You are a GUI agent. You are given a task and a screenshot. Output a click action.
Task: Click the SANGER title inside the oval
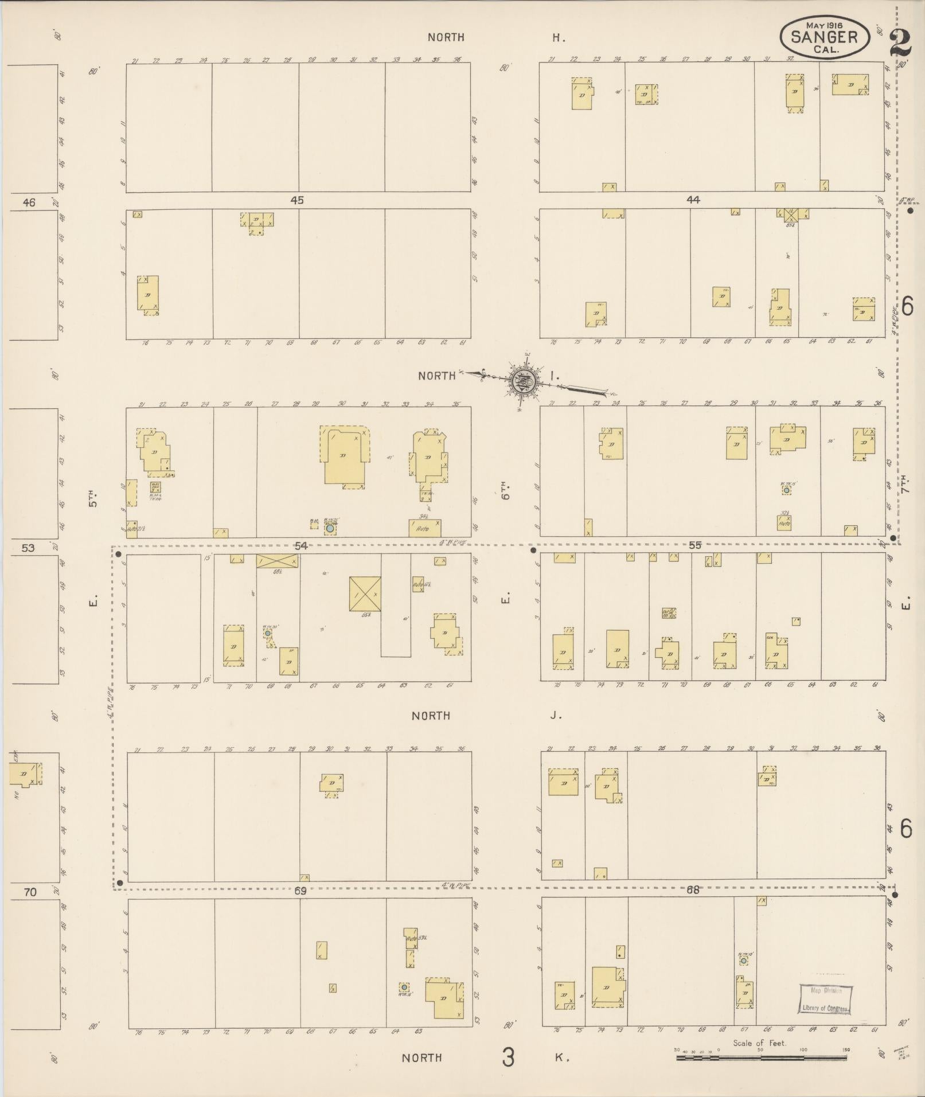(824, 37)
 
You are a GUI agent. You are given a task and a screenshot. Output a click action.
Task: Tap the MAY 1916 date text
(824, 25)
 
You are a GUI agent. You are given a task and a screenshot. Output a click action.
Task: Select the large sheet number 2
(901, 43)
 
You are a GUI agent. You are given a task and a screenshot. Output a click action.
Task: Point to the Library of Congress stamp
(826, 1000)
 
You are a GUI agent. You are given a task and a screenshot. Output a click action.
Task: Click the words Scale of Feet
(759, 1043)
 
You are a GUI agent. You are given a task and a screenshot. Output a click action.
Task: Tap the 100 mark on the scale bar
(803, 1049)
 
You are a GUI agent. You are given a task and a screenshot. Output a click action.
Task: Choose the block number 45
(296, 201)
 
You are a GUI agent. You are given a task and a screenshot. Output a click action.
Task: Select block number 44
(693, 200)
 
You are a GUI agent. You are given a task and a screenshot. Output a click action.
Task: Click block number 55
(694, 545)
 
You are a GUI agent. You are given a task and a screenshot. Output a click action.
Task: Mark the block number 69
(300, 891)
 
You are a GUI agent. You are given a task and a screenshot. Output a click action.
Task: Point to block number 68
(693, 890)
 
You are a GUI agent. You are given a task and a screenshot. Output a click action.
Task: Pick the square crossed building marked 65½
(365, 594)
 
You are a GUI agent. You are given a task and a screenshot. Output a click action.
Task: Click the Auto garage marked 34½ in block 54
(424, 528)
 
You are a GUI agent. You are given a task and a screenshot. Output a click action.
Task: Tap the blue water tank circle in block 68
(743, 960)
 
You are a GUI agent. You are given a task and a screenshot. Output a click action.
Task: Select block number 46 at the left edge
(29, 202)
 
